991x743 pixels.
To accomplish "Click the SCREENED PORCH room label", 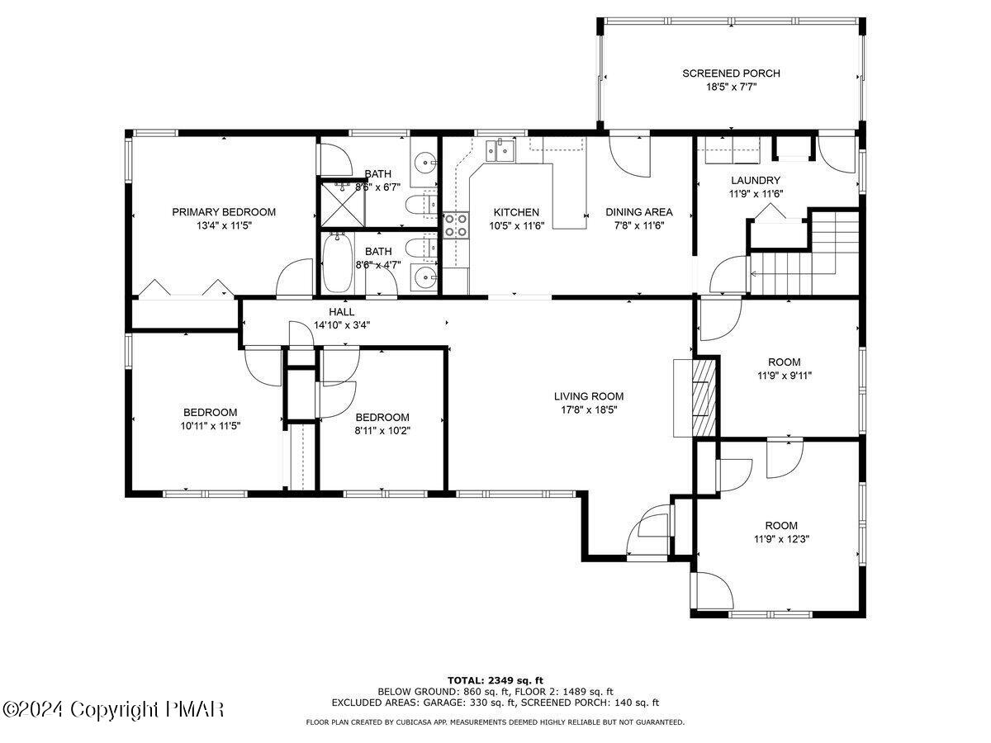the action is [731, 73].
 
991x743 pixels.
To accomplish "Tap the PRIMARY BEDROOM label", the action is [224, 211].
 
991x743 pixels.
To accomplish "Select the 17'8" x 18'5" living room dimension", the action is [588, 409].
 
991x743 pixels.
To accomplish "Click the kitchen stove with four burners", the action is [456, 225].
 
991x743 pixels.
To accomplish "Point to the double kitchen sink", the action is [500, 149].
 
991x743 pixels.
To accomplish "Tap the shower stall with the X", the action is [342, 204].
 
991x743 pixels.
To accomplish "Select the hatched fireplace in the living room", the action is [704, 397].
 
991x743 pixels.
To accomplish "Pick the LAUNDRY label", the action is [756, 180].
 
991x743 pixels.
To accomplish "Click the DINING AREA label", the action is [638, 211].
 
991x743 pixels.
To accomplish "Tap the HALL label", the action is [341, 311].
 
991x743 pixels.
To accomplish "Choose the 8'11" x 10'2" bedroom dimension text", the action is [382, 430].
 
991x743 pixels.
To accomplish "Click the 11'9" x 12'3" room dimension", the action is [781, 538].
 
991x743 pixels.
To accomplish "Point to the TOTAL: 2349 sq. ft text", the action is [495, 679].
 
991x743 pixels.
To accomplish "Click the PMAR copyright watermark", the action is [112, 710].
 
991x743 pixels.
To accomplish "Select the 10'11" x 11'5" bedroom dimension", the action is [211, 425].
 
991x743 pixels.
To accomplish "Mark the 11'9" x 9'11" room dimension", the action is [785, 376].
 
